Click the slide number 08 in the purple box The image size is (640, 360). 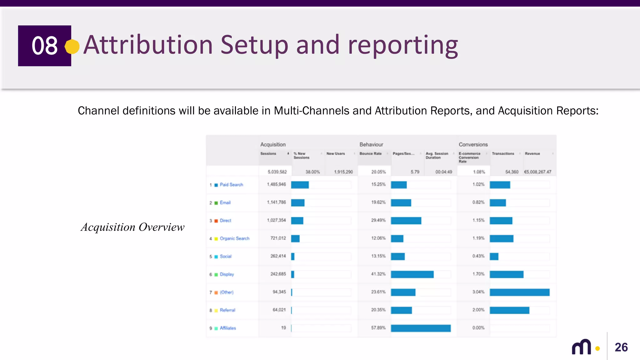pyautogui.click(x=44, y=46)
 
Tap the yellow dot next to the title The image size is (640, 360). pyautogui.click(x=72, y=47)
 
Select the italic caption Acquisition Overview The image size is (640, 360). pyautogui.click(x=132, y=227)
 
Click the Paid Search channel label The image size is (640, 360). pyautogui.click(x=231, y=185)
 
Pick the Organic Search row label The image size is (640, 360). pyautogui.click(x=234, y=238)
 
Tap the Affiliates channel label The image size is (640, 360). pyautogui.click(x=228, y=328)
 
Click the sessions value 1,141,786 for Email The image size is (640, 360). pyautogui.click(x=276, y=202)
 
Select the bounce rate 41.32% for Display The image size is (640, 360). pyautogui.click(x=378, y=274)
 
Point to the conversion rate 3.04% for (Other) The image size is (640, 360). pyautogui.click(x=478, y=292)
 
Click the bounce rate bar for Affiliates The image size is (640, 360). pyautogui.click(x=421, y=328)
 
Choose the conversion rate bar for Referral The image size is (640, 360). pyautogui.click(x=509, y=310)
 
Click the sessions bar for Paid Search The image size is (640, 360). pyautogui.click(x=300, y=185)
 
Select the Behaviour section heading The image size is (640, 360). pyautogui.click(x=371, y=144)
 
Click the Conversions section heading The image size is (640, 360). pyautogui.click(x=473, y=144)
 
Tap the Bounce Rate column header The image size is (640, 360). pyautogui.click(x=370, y=154)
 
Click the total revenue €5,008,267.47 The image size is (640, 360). pyautogui.click(x=537, y=172)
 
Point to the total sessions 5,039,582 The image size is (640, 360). pyautogui.click(x=277, y=172)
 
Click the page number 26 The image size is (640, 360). pyautogui.click(x=621, y=347)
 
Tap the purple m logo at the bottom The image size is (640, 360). pyautogui.click(x=582, y=347)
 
